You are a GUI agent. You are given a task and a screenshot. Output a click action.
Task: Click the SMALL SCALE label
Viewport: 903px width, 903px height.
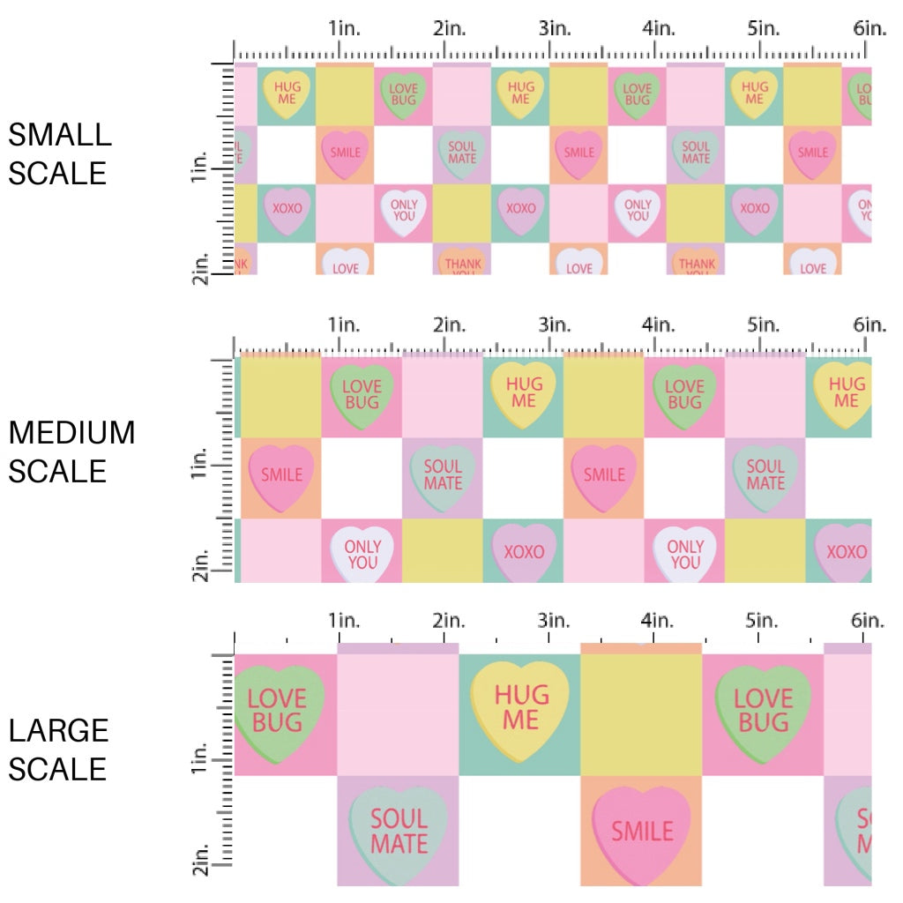60,153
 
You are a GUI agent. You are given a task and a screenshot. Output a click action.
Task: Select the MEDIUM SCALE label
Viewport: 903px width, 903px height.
71,451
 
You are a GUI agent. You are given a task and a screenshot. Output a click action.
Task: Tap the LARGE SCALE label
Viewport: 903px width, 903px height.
59,750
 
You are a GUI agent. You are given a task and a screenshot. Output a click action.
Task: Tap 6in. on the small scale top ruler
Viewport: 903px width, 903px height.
869,28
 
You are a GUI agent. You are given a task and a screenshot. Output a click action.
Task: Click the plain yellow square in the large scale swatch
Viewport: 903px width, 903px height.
641,715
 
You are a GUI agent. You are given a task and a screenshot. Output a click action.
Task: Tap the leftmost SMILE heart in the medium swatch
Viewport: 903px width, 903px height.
281,476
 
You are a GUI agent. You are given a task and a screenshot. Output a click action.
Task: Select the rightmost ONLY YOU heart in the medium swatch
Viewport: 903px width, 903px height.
685,554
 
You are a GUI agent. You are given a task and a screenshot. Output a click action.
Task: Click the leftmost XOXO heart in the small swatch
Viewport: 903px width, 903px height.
287,210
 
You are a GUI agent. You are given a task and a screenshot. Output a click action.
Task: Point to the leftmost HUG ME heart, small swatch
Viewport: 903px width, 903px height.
287,93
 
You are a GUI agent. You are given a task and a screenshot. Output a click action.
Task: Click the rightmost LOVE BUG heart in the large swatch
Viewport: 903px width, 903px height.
763,711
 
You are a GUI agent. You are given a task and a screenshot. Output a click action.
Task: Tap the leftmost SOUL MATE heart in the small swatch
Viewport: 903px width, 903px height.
462,153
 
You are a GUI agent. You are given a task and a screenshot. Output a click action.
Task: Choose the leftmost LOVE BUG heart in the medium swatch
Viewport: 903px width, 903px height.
362,394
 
